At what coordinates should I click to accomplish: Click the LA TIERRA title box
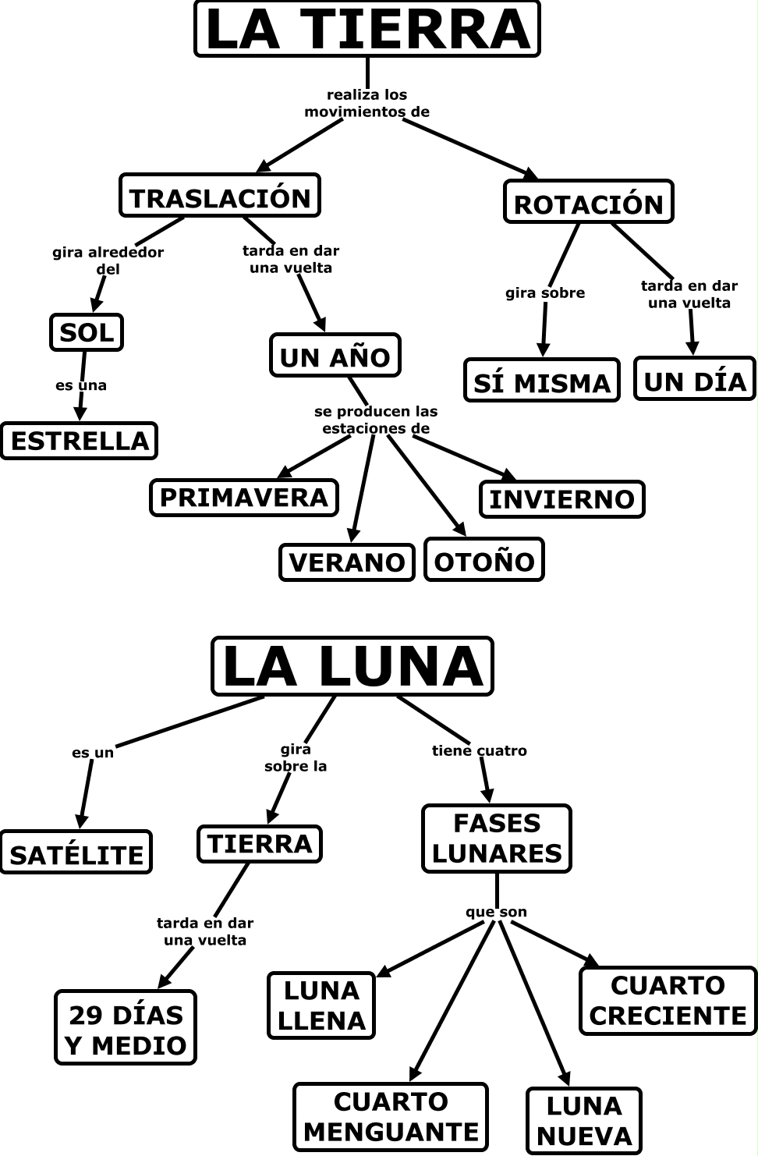pyautogui.click(x=367, y=29)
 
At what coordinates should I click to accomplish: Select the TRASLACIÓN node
pyautogui.click(x=220, y=196)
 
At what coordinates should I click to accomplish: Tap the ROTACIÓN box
pyautogui.click(x=588, y=202)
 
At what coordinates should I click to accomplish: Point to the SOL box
pyautogui.click(x=87, y=332)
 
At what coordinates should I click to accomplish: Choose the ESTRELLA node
pyautogui.click(x=79, y=441)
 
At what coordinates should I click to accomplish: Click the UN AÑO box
pyautogui.click(x=335, y=356)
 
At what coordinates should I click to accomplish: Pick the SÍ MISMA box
pyautogui.click(x=541, y=381)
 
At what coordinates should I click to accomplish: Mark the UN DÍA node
pyautogui.click(x=695, y=379)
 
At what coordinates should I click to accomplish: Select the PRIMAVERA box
pyautogui.click(x=243, y=498)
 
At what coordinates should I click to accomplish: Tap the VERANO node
pyautogui.click(x=346, y=562)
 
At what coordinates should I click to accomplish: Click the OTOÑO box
pyautogui.click(x=483, y=559)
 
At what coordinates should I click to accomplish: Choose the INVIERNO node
pyautogui.click(x=561, y=499)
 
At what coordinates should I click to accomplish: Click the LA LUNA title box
pyautogui.click(x=352, y=666)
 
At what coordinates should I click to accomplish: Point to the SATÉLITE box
pyautogui.click(x=76, y=853)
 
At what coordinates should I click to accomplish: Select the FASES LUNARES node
pyautogui.click(x=496, y=839)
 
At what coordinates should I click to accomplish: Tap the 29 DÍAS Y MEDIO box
pyautogui.click(x=126, y=1028)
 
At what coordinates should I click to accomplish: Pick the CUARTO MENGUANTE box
pyautogui.click(x=390, y=1117)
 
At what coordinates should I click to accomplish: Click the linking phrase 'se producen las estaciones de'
pyautogui.click(x=375, y=420)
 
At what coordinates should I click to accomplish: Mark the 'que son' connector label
pyautogui.click(x=496, y=912)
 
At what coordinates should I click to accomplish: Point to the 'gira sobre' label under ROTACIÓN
pyautogui.click(x=544, y=293)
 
